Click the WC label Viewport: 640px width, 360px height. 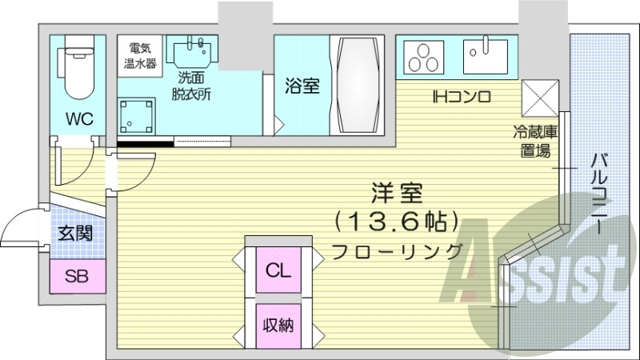(79, 119)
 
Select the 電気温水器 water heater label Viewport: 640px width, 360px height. (141, 54)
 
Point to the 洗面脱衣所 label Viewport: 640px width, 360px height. (194, 86)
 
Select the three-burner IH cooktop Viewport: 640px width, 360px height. (424, 58)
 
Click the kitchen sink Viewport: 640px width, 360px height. (486, 55)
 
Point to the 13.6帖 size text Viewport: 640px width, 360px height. (396, 219)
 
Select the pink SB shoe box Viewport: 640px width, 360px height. (77, 278)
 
